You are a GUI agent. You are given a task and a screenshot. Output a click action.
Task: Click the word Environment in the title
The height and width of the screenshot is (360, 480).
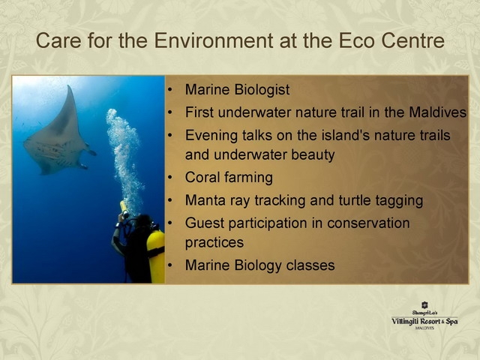214,40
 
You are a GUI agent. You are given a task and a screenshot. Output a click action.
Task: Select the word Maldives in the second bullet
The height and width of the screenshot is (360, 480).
437,112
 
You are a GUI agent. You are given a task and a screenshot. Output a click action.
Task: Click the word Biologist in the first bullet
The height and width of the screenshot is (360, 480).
262,90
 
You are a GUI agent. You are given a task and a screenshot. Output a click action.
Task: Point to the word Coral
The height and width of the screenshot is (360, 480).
202,177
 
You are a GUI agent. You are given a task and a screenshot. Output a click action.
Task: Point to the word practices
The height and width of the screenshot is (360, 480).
214,243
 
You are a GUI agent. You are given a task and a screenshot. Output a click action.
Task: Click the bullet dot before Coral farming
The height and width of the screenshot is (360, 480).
170,177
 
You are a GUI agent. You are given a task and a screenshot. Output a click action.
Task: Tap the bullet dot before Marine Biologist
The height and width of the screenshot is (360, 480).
170,90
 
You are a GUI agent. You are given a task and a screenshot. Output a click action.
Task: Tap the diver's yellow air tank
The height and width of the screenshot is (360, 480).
156,256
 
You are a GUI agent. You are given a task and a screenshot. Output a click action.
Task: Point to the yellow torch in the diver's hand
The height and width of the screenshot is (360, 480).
124,209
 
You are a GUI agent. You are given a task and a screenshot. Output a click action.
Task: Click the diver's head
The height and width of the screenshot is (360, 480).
142,222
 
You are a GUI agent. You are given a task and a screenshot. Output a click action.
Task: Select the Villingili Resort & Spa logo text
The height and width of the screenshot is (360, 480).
424,322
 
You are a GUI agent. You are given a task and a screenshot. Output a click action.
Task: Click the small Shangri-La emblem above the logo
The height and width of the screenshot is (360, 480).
424,305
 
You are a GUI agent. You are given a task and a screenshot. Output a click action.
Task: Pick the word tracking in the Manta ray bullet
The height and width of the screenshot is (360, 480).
280,200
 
